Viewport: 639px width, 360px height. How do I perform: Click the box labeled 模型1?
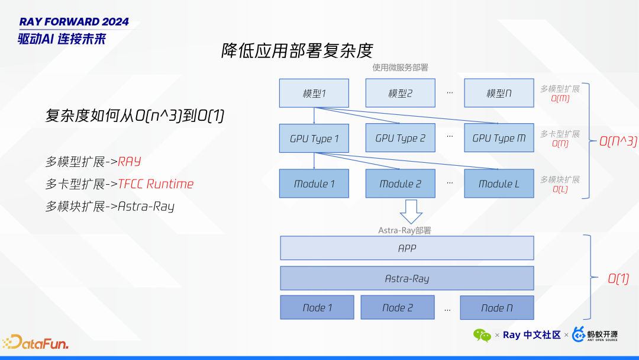tap(314, 93)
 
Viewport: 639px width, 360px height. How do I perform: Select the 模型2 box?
tap(400, 93)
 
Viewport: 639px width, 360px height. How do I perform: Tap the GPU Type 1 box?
tap(314, 139)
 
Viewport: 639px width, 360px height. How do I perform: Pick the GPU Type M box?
tap(499, 138)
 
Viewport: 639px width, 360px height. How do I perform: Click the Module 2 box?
tap(400, 184)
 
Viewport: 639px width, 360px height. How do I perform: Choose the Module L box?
tap(499, 184)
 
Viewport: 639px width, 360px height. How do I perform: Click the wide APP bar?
tap(406, 248)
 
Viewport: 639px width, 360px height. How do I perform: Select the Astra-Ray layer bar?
tap(406, 278)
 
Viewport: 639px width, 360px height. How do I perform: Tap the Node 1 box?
tap(317, 307)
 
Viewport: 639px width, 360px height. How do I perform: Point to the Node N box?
tap(496, 308)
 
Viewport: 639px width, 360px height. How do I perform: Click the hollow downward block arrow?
tap(411, 211)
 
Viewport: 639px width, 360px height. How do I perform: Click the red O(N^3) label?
tap(618, 142)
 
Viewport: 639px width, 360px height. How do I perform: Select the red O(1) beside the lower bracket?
tap(618, 279)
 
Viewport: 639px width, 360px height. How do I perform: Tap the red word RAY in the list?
tap(129, 162)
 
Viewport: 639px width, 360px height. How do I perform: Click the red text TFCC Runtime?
tap(156, 184)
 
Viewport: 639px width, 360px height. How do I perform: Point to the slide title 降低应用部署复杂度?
tap(297, 50)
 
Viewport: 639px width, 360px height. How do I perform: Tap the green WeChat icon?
tap(482, 335)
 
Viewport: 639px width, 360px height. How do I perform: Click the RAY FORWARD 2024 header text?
tap(74, 22)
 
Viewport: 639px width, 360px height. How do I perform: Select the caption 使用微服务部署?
tap(400, 67)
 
